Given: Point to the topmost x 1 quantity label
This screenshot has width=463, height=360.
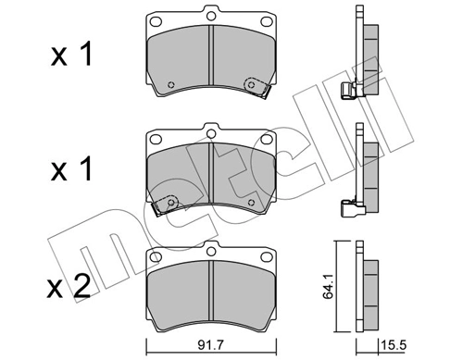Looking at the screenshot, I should [70, 55].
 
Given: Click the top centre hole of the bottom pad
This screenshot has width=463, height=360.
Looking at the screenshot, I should [211, 248].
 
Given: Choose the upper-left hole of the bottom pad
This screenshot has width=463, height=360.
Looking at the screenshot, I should [156, 255].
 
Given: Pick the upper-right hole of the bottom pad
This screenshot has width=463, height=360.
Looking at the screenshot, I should [267, 255].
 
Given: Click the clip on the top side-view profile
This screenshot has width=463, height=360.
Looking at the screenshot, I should [350, 89].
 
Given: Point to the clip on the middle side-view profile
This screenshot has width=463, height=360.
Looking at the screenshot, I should [350, 207].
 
